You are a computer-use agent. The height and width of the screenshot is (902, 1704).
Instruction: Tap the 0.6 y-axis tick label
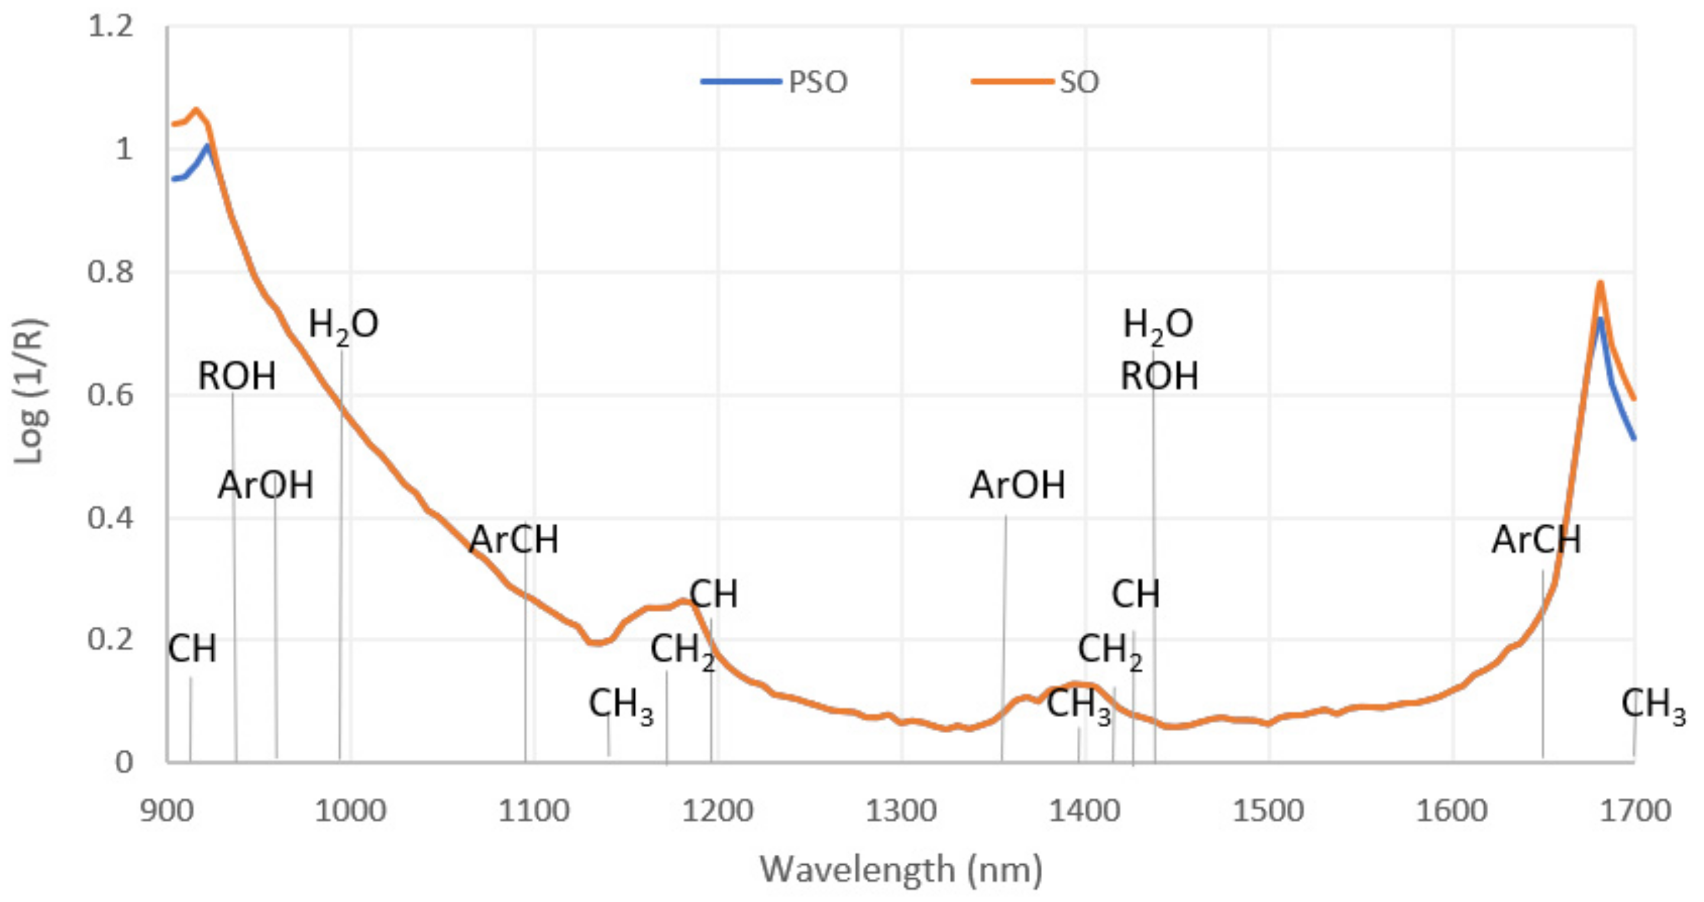coord(111,395)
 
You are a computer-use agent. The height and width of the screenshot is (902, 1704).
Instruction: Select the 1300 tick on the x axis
coord(901,811)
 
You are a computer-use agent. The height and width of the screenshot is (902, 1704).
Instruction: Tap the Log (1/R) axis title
coord(29,392)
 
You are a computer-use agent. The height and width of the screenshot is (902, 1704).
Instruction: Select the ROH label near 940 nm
coord(237,377)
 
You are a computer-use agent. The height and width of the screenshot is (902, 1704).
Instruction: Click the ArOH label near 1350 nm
coord(1017,486)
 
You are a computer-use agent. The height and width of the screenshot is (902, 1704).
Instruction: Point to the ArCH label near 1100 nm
coord(514,540)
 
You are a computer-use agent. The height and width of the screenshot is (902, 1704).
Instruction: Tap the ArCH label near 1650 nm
coord(1536,540)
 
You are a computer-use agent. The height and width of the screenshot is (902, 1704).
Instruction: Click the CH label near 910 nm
coord(192,649)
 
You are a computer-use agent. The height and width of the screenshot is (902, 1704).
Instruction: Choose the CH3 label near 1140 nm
coord(621,705)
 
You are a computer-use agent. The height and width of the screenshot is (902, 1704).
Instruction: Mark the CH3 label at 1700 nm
coord(1653,705)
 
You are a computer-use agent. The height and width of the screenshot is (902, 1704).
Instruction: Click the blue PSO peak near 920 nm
coord(207,145)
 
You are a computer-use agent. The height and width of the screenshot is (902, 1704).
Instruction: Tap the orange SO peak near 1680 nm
coord(1600,283)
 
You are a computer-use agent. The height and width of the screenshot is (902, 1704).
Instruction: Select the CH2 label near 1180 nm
coord(682,651)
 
